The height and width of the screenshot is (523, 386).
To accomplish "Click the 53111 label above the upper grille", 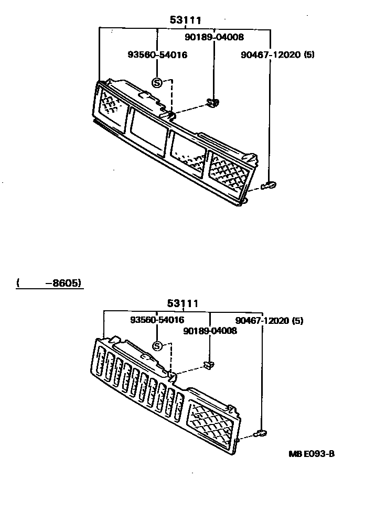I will tap(186, 20).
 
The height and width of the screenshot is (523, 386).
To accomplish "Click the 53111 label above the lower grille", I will tap(183, 303).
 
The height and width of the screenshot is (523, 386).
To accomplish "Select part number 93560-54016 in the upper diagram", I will tap(157, 55).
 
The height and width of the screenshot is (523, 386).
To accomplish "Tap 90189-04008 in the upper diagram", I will tap(214, 37).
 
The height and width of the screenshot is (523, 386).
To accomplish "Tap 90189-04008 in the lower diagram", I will tap(210, 331).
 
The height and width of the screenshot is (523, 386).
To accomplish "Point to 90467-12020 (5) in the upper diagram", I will tap(277, 55).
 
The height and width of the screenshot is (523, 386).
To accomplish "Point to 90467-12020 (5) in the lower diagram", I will tap(269, 320).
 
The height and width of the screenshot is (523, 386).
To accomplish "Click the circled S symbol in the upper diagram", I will tap(157, 82).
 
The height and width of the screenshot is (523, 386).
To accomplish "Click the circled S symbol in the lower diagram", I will tap(157, 345).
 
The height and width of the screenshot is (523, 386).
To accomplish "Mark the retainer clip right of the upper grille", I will tap(270, 185).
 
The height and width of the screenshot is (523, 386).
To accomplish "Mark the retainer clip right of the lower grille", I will tap(260, 433).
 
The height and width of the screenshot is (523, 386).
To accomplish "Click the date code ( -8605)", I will tap(49, 283).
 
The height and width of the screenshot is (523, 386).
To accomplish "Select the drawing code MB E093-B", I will tap(311, 454).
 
